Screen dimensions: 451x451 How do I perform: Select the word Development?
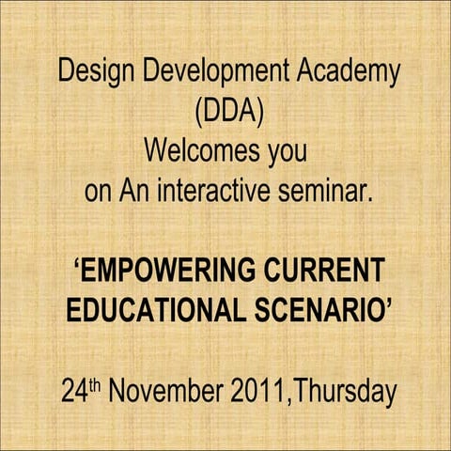click(204, 72)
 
